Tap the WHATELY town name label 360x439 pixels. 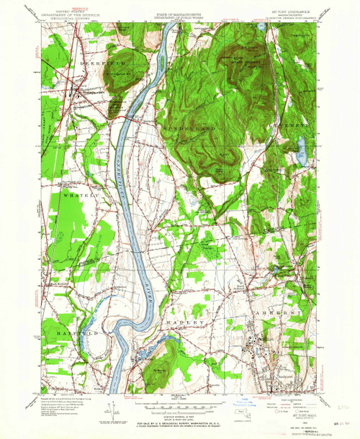(74, 196)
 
